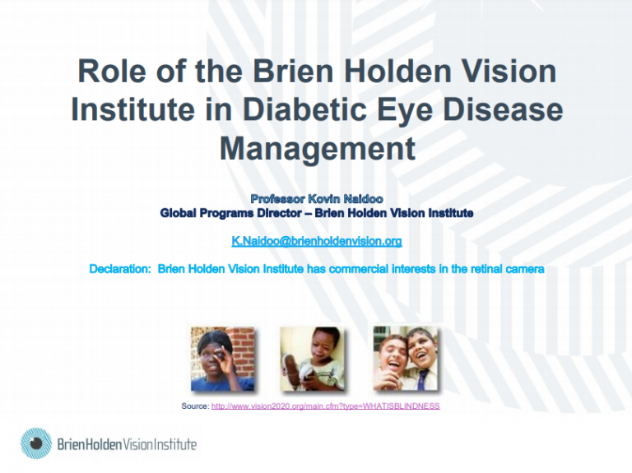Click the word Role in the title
point(112,71)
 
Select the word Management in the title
point(318,148)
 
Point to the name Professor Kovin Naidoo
point(317,198)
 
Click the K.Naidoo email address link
point(316,241)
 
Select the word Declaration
point(119,269)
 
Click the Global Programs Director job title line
point(317,213)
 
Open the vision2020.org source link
point(325,406)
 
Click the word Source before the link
point(196,406)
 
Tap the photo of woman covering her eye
point(222,359)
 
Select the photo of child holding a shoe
point(313,359)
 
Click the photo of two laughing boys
point(406,359)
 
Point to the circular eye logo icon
point(36,443)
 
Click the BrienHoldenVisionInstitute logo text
point(127,444)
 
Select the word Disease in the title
point(503,109)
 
